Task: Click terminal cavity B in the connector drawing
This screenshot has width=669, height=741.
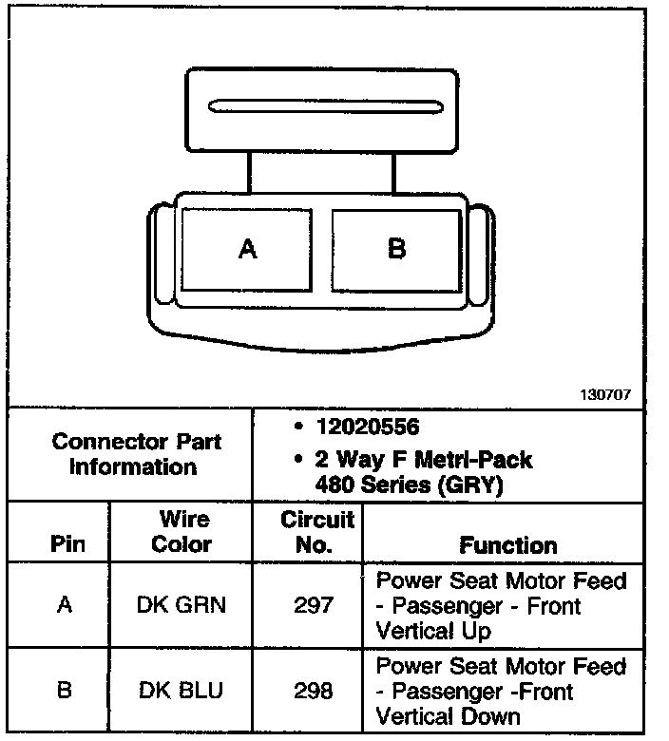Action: [396, 249]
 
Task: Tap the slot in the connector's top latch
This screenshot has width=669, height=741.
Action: [323, 104]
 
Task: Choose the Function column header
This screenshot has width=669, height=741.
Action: [507, 545]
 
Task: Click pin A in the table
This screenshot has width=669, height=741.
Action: [65, 604]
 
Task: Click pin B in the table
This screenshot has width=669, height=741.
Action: [65, 690]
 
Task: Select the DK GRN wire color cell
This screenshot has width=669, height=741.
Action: [181, 604]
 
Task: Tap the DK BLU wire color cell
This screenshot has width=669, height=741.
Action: [181, 690]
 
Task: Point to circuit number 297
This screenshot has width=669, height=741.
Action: [314, 604]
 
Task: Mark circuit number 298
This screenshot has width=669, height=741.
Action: [314, 690]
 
